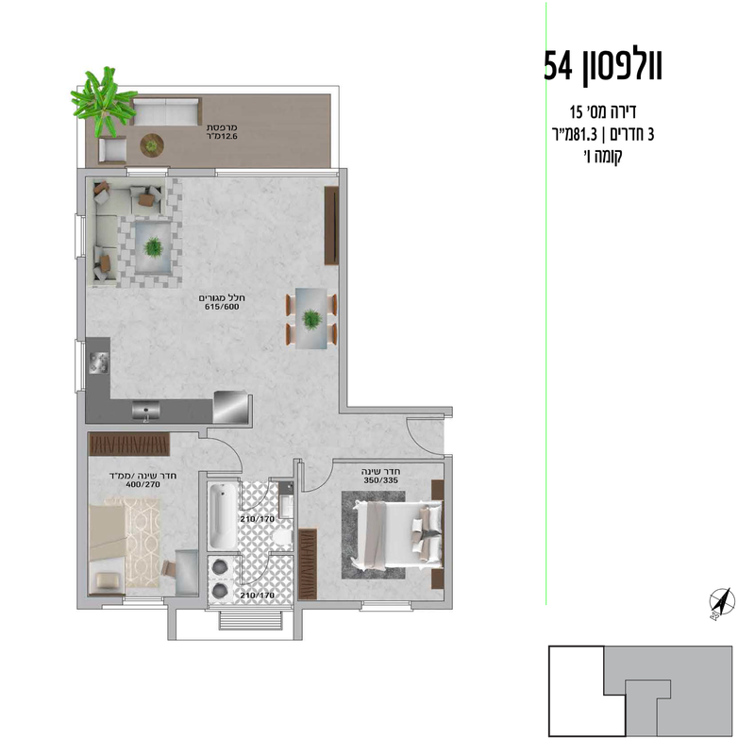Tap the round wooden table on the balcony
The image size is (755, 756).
coord(151,144)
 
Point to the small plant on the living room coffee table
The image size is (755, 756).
coord(153,246)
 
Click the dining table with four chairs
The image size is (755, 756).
coord(311,318)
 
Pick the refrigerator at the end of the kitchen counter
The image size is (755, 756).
coord(232,408)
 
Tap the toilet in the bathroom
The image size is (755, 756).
coord(281,532)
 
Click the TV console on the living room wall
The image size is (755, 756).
coord(331,227)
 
